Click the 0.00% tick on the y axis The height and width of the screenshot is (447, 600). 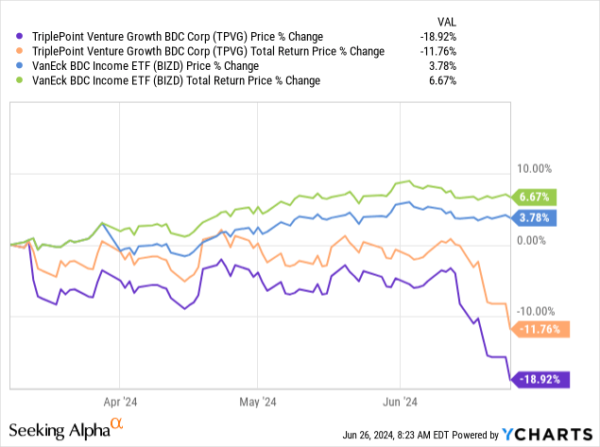pyautogui.click(x=534, y=241)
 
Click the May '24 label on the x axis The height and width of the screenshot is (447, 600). pyautogui.click(x=257, y=400)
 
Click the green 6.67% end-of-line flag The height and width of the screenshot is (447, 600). pyautogui.click(x=536, y=197)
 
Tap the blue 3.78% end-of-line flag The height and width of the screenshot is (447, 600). pyautogui.click(x=536, y=217)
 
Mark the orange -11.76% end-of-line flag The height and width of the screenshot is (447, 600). pyautogui.click(x=534, y=329)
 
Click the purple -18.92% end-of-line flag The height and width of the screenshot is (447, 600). pyautogui.click(x=534, y=380)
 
